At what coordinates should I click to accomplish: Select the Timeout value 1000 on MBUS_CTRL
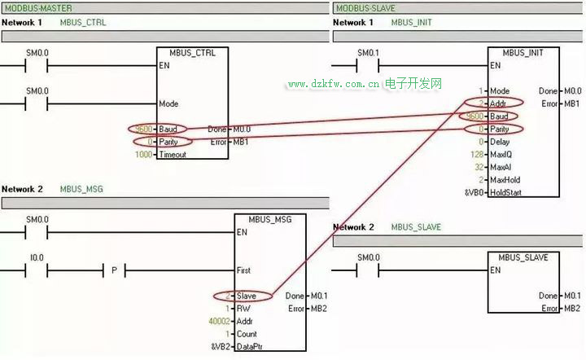point(143,154)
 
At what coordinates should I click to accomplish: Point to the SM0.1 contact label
point(369,53)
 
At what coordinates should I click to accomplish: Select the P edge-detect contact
point(114,270)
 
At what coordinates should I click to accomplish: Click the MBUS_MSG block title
point(269,220)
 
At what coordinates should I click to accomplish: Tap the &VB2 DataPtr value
point(221,347)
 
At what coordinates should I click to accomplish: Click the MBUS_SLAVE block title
point(523,257)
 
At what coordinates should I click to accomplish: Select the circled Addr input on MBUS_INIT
point(496,103)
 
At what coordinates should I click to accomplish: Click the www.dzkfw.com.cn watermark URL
point(335,84)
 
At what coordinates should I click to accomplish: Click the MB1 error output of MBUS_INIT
point(572,103)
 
